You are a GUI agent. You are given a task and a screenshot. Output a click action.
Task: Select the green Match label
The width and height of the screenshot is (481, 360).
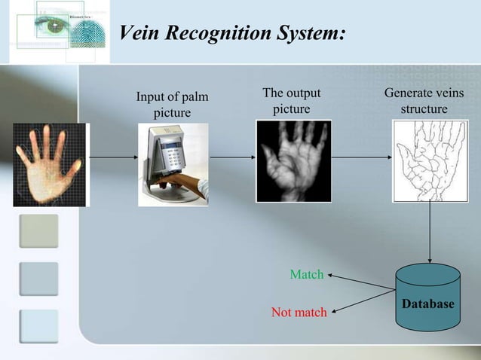pyautogui.click(x=307, y=275)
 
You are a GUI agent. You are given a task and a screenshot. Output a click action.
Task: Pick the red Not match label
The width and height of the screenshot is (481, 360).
pyautogui.click(x=299, y=312)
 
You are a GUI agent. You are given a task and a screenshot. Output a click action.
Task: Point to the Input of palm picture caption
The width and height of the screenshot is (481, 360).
pyautogui.click(x=172, y=105)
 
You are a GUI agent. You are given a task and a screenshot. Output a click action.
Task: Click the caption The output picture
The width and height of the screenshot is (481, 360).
pyautogui.click(x=291, y=101)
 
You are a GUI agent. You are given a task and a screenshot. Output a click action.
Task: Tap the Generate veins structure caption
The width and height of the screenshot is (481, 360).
pyautogui.click(x=424, y=101)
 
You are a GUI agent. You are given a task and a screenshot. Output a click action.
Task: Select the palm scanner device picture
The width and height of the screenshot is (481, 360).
pyautogui.click(x=173, y=164)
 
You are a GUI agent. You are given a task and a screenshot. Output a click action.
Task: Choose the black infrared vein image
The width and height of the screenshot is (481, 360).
pyautogui.click(x=293, y=161)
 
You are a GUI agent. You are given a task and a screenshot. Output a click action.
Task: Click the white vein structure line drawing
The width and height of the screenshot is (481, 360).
pyautogui.click(x=424, y=161)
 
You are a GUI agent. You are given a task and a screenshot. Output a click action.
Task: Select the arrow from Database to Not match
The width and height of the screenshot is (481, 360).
pyautogui.click(x=363, y=301)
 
